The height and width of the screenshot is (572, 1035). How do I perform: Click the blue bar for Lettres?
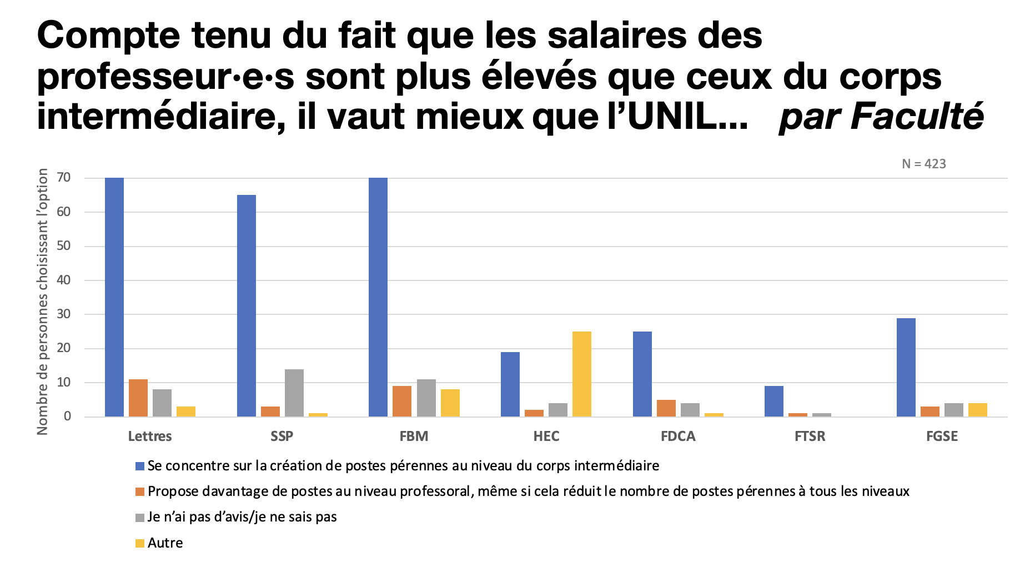(x=114, y=297)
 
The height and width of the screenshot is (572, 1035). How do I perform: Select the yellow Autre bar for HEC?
(x=582, y=374)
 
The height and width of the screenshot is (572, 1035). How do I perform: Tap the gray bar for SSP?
(x=294, y=393)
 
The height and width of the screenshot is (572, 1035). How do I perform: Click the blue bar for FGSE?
(x=906, y=368)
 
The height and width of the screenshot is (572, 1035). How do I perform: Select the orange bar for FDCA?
(x=666, y=408)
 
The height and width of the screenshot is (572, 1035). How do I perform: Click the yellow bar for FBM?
(x=450, y=403)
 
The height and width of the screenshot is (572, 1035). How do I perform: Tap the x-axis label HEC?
(x=546, y=436)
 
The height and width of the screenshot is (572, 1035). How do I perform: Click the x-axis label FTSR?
(x=810, y=436)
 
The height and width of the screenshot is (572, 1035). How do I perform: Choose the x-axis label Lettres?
(x=150, y=436)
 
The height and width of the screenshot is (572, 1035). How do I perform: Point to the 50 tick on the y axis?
(x=64, y=246)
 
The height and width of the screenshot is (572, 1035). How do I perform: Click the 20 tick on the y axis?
(x=64, y=348)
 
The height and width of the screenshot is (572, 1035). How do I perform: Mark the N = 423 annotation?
(x=924, y=164)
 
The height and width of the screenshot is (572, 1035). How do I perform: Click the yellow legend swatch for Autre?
(x=140, y=543)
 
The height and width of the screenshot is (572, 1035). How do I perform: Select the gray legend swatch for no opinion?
(x=140, y=518)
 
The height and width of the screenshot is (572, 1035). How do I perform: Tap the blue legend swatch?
(x=140, y=466)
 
